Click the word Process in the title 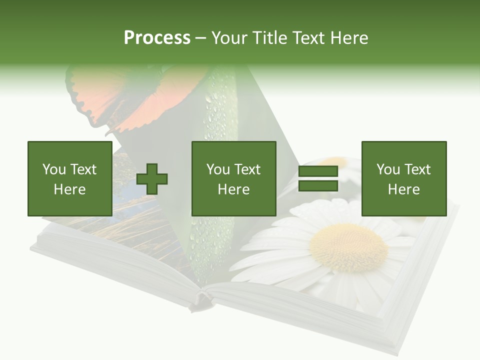coord(157,37)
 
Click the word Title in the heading coord(270,37)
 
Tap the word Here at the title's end coord(350,37)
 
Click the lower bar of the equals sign coord(318,186)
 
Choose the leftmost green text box coord(69,178)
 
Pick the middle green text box coord(233,178)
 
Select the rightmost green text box coord(403,178)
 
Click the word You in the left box coord(54,169)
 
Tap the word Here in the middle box coord(233,189)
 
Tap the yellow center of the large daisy coord(348,247)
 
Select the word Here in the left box coord(69,189)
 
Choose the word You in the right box coord(388,169)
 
